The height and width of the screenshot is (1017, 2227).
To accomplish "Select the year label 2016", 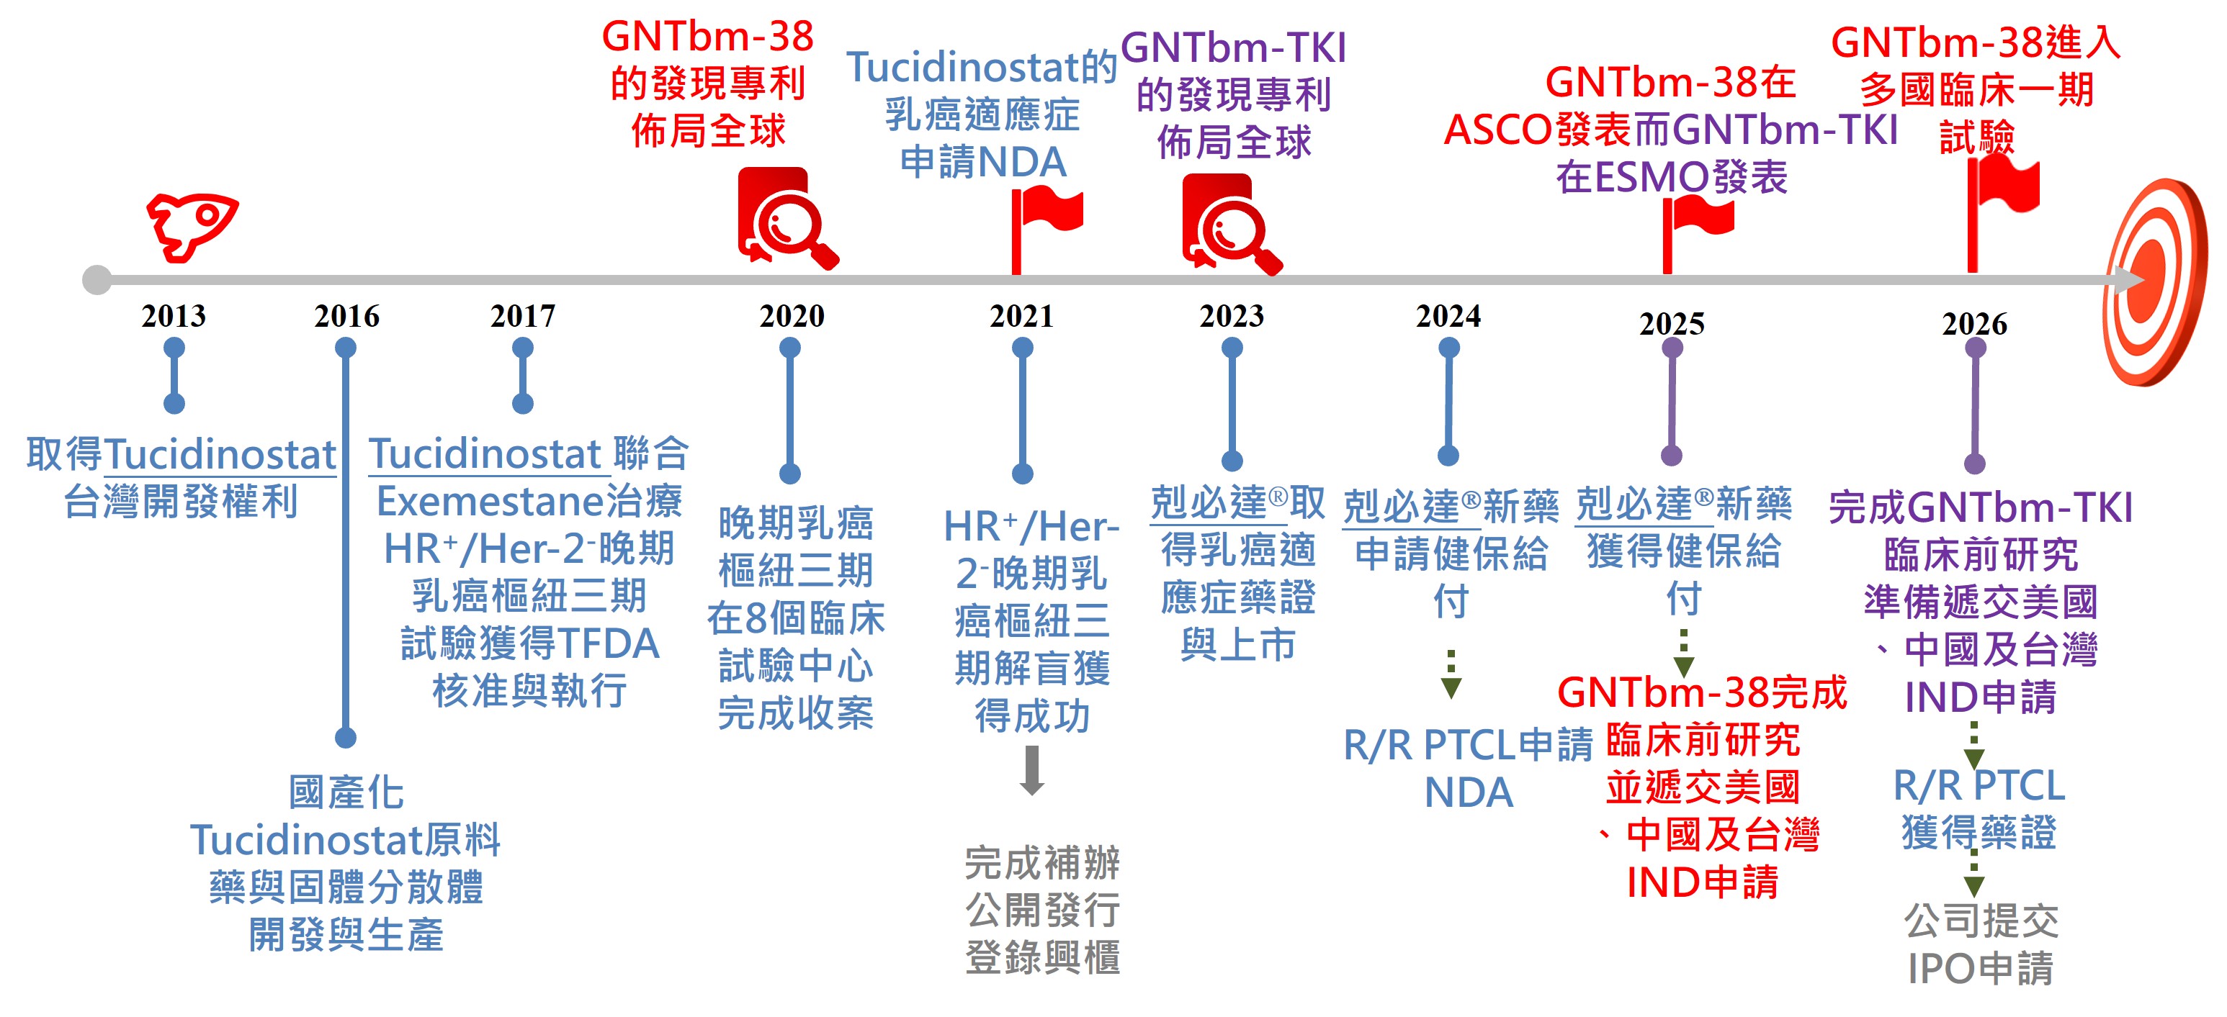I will click(346, 316).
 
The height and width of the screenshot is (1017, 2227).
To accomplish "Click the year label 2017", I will click(522, 316).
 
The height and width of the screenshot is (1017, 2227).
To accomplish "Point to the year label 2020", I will click(792, 316).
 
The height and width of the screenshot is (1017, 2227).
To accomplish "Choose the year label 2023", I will click(1231, 316).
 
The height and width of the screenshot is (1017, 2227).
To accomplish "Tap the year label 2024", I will click(1448, 316).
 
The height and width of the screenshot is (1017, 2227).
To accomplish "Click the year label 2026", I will click(1975, 324).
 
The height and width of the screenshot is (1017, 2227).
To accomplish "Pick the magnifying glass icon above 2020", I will click(787, 220).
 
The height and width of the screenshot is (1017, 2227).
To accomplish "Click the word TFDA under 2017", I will click(609, 643).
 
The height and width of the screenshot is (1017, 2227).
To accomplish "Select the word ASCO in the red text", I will click(1497, 130).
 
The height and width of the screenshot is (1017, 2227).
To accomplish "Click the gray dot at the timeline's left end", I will click(97, 280).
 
